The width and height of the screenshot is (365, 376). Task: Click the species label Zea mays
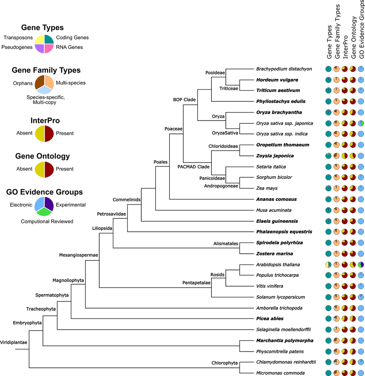[x=267, y=188]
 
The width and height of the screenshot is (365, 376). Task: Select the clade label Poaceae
[x=173, y=129]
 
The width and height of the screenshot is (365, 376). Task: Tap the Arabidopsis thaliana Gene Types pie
[x=328, y=265]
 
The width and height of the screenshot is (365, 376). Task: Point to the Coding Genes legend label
[x=72, y=37]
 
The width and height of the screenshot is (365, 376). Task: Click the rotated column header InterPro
[x=345, y=47]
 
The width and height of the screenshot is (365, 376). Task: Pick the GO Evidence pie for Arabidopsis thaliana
[x=361, y=265]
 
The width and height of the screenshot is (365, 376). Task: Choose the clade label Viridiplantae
[x=14, y=343]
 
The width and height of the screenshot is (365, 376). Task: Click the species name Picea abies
[x=270, y=318]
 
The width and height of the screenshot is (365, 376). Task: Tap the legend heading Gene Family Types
[x=46, y=70]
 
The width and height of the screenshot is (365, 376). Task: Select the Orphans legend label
[x=23, y=83]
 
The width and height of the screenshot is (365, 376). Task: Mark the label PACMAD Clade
[x=193, y=167]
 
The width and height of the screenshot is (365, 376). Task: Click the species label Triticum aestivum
[x=278, y=91]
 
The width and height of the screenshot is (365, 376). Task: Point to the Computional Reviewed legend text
[x=47, y=221]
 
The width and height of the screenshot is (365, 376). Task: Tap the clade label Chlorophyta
[x=225, y=363]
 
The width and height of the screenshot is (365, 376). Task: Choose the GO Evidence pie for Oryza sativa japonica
[x=361, y=123]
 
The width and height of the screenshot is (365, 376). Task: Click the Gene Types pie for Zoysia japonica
[x=328, y=156]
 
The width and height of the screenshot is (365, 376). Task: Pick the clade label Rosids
[x=217, y=275]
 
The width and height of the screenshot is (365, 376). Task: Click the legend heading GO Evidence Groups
[x=44, y=192]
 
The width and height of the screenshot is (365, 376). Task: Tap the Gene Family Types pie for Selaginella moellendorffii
[x=336, y=330]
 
